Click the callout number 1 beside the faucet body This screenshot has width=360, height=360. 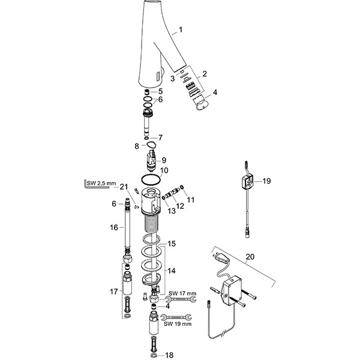(181, 29)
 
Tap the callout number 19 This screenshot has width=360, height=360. (266, 181)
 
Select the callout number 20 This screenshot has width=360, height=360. (250, 256)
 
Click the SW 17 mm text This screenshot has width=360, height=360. (182, 293)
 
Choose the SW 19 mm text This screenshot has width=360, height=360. (178, 324)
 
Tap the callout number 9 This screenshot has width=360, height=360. (164, 160)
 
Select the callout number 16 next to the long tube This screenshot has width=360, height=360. (114, 227)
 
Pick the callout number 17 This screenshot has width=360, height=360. (113, 292)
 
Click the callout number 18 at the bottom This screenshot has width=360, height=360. (169, 355)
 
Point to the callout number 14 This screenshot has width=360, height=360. (171, 271)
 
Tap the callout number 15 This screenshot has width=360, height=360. (171, 244)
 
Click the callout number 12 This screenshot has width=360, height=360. (180, 206)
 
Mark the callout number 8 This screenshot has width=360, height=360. (137, 146)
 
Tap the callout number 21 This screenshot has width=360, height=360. (124, 187)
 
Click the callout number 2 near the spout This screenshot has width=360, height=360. (205, 74)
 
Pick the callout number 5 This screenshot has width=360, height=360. (160, 91)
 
